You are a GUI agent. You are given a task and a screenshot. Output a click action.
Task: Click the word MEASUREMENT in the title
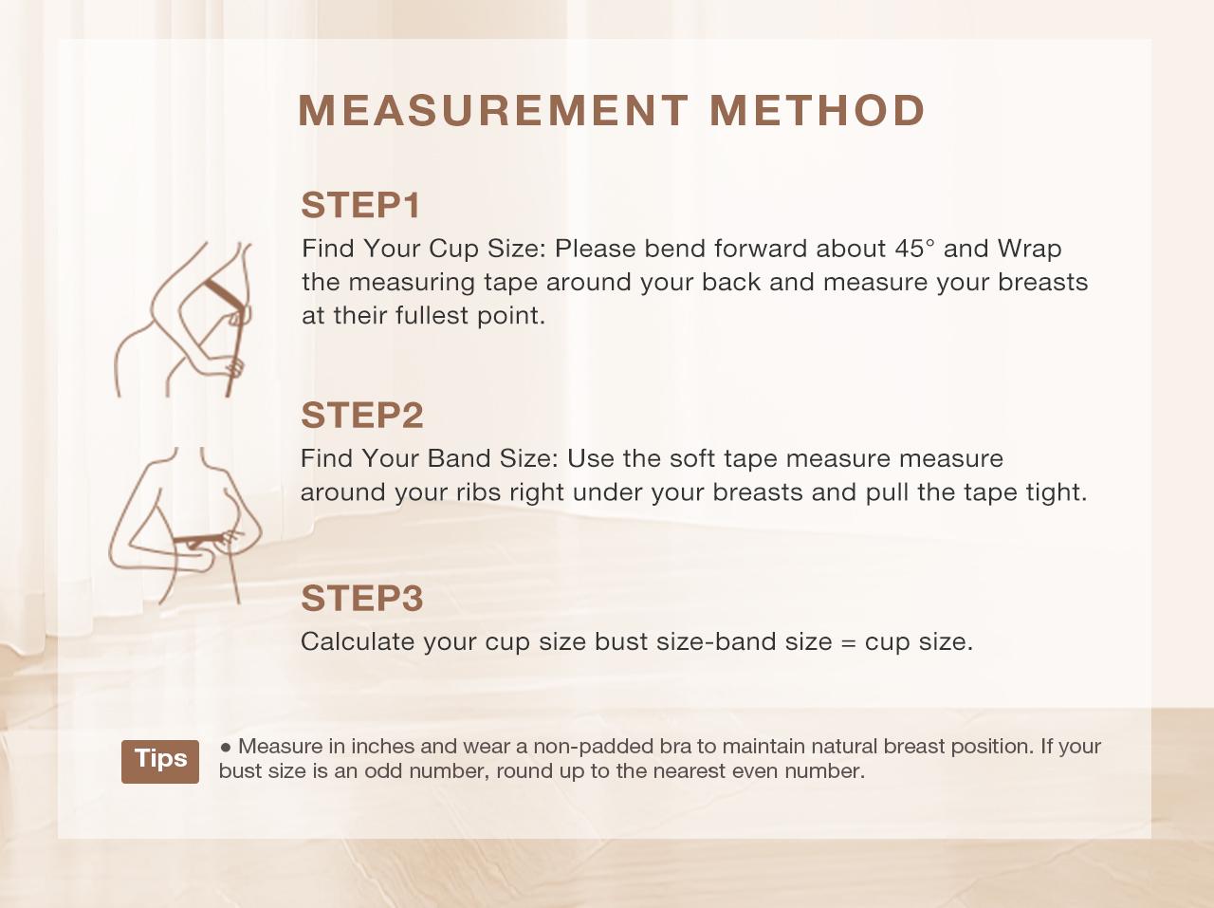(x=492, y=110)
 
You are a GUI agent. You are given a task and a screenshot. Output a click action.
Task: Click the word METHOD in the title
(x=817, y=110)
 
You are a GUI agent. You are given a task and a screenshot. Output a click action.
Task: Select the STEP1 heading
(x=360, y=205)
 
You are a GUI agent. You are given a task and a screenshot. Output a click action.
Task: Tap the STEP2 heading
(x=361, y=415)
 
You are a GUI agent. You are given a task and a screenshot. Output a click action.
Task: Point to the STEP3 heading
(x=361, y=598)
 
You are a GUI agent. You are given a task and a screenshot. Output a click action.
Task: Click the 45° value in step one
(x=914, y=249)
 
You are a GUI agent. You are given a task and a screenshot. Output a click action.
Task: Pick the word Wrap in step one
(x=1029, y=249)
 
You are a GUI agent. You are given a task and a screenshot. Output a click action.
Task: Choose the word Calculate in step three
(x=358, y=641)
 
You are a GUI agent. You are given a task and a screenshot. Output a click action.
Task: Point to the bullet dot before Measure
(x=226, y=747)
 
